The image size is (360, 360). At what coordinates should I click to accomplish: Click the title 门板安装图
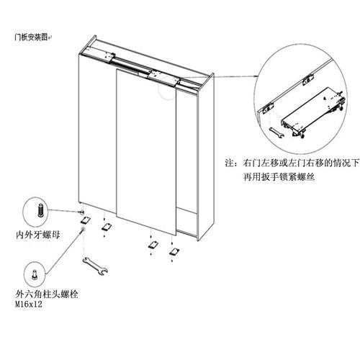(x=31, y=37)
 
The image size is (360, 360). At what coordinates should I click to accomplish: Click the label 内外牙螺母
(x=38, y=235)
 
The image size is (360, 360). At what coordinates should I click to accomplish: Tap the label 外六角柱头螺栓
(x=47, y=294)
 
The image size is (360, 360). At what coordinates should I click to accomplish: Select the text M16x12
(x=29, y=305)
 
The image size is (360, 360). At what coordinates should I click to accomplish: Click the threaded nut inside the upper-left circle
(x=41, y=210)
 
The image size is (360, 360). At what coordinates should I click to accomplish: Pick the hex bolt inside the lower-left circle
(x=35, y=275)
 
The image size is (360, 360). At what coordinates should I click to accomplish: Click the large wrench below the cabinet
(x=95, y=266)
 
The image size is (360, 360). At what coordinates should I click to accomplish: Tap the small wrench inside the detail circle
(x=276, y=132)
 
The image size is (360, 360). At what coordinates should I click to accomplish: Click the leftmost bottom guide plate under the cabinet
(x=85, y=220)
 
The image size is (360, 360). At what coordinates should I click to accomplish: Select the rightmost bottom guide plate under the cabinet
(x=174, y=252)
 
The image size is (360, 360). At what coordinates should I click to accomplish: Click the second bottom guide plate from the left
(x=106, y=227)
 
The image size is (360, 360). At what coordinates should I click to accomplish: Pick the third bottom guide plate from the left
(x=153, y=245)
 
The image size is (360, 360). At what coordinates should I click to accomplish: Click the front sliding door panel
(x=146, y=152)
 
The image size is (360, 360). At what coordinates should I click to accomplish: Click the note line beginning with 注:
(x=292, y=163)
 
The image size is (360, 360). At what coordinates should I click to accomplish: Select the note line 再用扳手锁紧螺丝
(x=279, y=177)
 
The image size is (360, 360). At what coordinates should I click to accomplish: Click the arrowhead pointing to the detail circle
(x=256, y=76)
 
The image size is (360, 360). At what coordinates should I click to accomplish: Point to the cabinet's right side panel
(x=206, y=157)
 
